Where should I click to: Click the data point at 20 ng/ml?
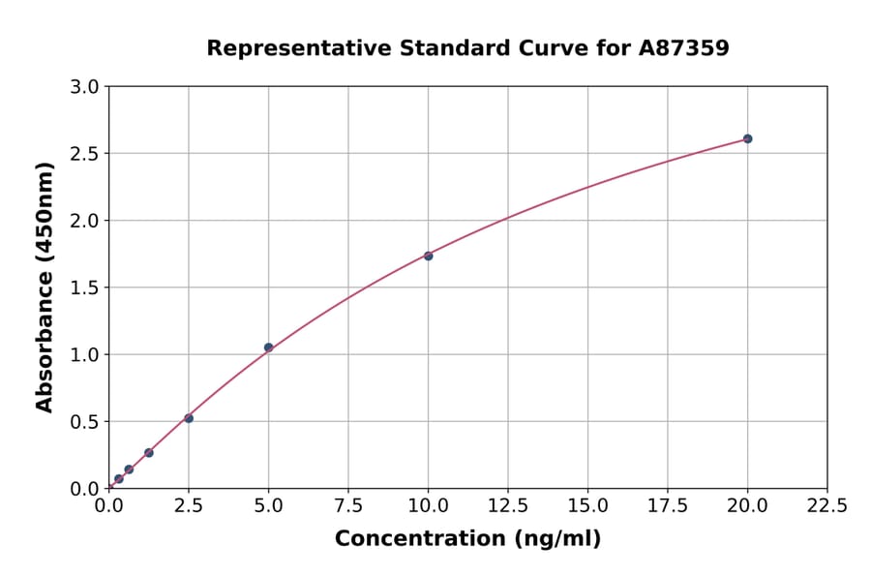pyautogui.click(x=747, y=138)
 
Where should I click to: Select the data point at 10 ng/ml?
pyautogui.click(x=428, y=256)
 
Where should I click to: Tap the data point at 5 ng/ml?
pyautogui.click(x=268, y=348)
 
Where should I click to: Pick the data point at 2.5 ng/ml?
pyautogui.click(x=189, y=418)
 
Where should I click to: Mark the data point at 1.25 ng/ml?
pyautogui.click(x=149, y=452)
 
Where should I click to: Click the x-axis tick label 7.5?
pyautogui.click(x=348, y=505)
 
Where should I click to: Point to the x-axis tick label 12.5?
pyautogui.click(x=508, y=505)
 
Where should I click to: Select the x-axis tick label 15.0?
pyautogui.click(x=587, y=505)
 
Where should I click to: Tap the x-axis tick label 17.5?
pyautogui.click(x=668, y=505)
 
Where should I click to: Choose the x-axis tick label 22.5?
pyautogui.click(x=827, y=505)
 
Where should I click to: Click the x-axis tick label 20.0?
pyautogui.click(x=747, y=505)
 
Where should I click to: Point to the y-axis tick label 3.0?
pyautogui.click(x=86, y=87)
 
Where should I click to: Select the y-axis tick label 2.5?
pyautogui.click(x=86, y=154)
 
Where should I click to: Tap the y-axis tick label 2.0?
pyautogui.click(x=86, y=221)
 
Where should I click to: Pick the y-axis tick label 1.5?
pyautogui.click(x=86, y=287)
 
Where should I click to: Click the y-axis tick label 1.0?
pyautogui.click(x=86, y=354)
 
